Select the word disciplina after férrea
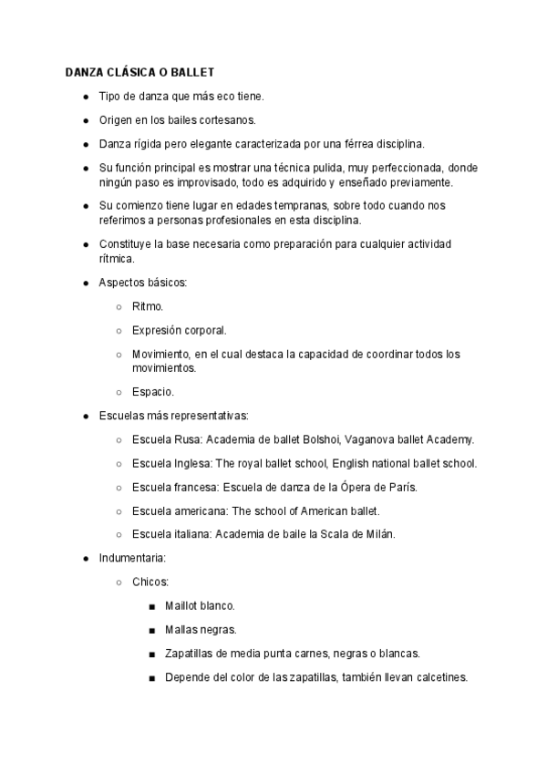pos(399,144)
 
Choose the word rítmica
pos(116,258)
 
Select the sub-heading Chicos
pos(150,581)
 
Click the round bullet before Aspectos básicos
pos(85,283)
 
